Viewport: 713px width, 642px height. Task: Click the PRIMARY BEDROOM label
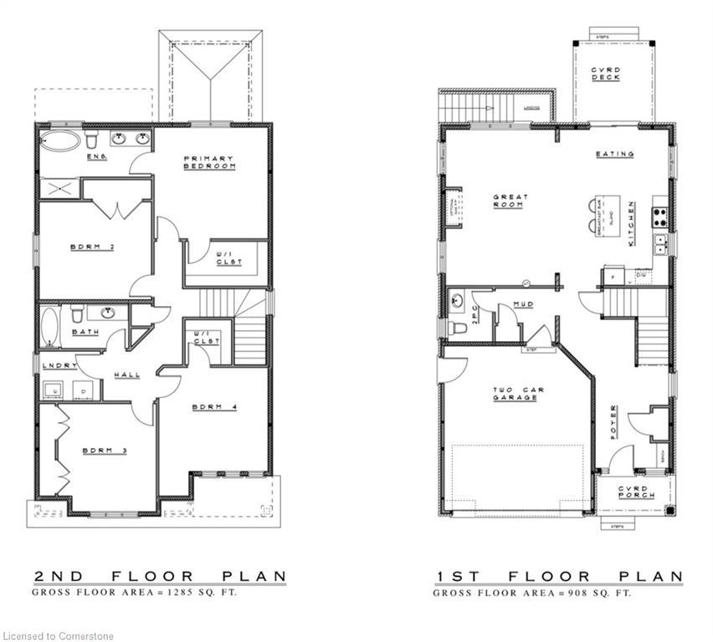[209, 162]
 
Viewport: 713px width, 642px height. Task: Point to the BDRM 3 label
[104, 451]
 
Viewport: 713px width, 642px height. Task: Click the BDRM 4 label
[214, 407]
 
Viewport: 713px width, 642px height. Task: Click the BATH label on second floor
[85, 332]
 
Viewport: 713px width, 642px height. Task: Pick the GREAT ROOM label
[510, 201]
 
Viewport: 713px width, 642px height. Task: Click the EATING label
[614, 154]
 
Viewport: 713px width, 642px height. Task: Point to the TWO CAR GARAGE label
[515, 394]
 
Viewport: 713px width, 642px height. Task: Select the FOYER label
[613, 421]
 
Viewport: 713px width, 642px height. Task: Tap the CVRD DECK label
[604, 74]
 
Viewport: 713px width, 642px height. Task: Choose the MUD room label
[525, 304]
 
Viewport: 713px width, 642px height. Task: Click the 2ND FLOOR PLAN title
[160, 577]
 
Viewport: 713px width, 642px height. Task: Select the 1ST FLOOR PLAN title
[559, 577]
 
